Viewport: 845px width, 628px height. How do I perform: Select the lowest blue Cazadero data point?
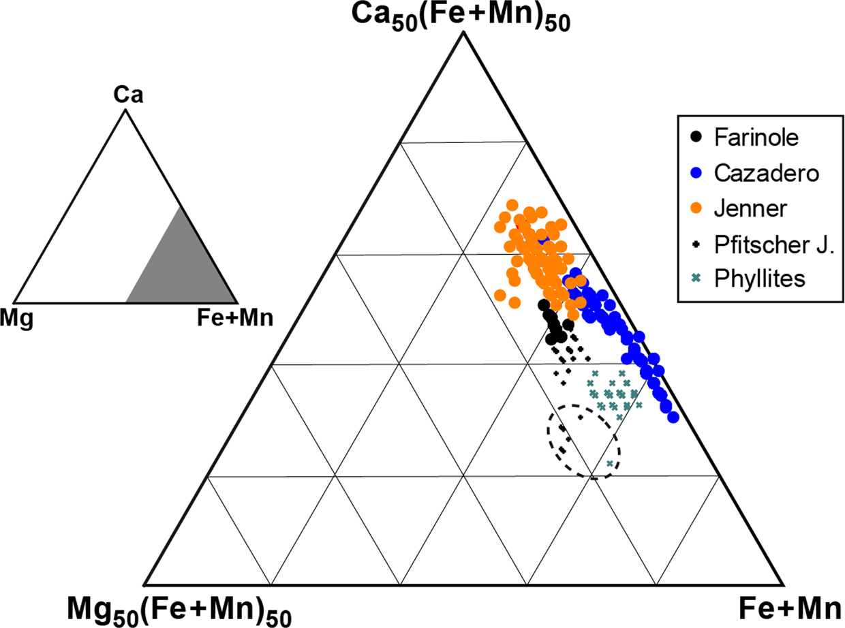click(674, 417)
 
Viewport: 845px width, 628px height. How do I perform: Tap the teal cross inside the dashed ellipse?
click(609, 464)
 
